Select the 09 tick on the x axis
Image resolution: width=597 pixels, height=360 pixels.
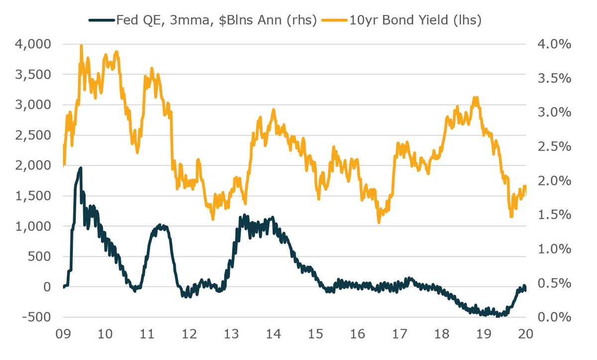coord(64,334)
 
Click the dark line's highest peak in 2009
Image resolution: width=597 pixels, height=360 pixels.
coord(81,168)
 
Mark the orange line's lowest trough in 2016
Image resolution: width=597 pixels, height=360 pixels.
coord(379,222)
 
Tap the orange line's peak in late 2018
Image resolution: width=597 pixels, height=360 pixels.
coord(476,97)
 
